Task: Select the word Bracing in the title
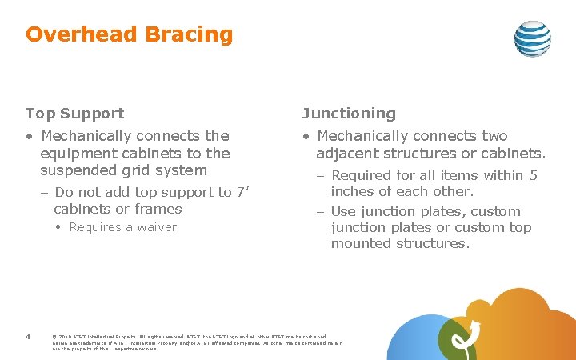pos(188,35)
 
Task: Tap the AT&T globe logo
pos(532,38)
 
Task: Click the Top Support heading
pos(74,114)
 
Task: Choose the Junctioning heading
pos(348,114)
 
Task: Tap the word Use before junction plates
pos(343,212)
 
